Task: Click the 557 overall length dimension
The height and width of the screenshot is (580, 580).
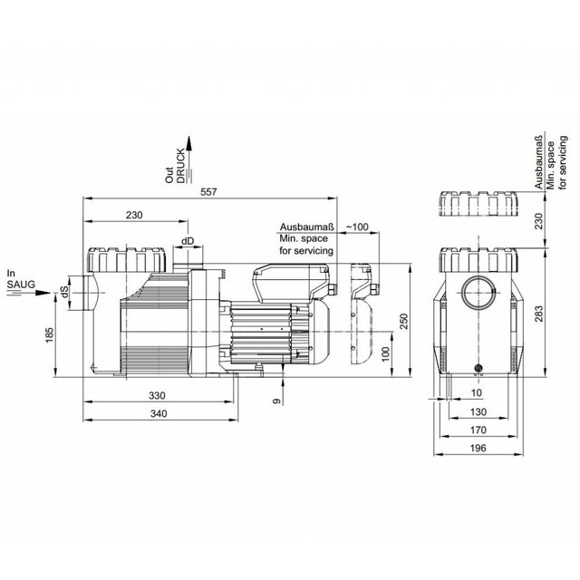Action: pos(208,192)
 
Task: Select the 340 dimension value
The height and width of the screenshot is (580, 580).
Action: pos(159,413)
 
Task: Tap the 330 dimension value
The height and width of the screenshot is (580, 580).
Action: pos(157,395)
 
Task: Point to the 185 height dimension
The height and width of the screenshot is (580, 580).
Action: pos(49,334)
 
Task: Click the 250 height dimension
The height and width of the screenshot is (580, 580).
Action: pos(404,321)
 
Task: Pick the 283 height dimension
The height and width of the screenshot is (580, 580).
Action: pos(539,314)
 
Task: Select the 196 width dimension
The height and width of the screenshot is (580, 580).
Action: pos(478,449)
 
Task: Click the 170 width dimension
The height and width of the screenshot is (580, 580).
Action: pos(478,430)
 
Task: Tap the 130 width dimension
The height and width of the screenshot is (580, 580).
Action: pos(478,412)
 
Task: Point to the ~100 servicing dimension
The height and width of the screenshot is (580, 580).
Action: pos(357,227)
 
